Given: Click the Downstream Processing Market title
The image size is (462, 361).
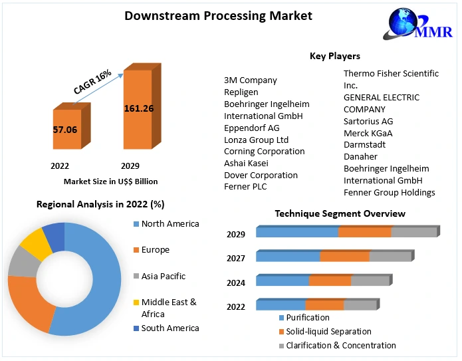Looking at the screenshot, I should click(218, 15).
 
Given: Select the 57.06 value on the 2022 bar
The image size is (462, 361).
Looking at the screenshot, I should click(65, 130).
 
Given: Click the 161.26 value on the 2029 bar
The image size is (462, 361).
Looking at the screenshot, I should click(138, 108).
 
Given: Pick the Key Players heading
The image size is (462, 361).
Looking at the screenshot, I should click(335, 56).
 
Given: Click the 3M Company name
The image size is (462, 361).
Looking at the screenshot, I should click(251, 80).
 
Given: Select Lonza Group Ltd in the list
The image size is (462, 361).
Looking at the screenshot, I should click(256, 140).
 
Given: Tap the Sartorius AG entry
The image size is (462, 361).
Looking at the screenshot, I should click(368, 121).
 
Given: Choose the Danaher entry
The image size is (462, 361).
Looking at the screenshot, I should click(360, 156).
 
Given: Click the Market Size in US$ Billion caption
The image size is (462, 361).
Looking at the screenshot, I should click(110, 181).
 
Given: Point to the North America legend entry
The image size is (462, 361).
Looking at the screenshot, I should click(170, 224).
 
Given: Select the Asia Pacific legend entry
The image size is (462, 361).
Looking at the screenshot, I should click(164, 276).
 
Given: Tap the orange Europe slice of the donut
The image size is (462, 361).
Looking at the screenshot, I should click(27, 302).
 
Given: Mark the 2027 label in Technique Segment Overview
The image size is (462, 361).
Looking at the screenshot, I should click(236, 259).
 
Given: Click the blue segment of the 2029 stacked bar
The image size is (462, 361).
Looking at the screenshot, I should click(297, 232).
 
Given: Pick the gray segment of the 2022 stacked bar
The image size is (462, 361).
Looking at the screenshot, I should click(360, 305).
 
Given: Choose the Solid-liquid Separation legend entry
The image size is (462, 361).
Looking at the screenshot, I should click(329, 331).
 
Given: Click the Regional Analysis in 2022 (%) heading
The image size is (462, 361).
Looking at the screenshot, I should click(100, 204).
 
